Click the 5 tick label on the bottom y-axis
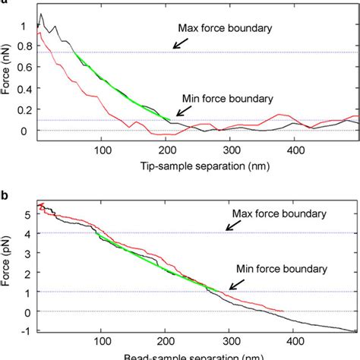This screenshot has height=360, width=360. click(x=27, y=215)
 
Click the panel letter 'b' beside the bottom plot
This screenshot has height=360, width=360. click(x=5, y=194)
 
